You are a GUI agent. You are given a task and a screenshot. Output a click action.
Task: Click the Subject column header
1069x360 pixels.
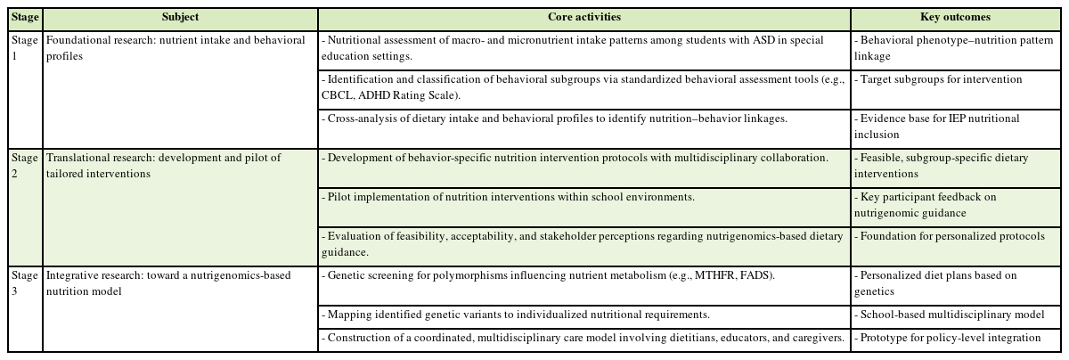click(180, 17)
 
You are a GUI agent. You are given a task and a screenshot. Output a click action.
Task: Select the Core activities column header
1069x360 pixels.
click(584, 17)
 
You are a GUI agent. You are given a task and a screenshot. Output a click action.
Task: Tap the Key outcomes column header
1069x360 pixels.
click(955, 17)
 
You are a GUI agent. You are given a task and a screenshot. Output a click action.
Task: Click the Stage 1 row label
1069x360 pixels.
click(25, 47)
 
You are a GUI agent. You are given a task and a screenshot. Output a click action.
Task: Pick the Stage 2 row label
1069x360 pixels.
click(25, 165)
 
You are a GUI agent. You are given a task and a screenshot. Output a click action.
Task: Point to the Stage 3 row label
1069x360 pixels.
click(25, 282)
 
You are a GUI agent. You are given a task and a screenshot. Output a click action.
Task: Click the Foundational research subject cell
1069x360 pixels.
click(175, 47)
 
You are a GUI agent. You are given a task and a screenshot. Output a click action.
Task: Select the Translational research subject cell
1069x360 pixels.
click(163, 165)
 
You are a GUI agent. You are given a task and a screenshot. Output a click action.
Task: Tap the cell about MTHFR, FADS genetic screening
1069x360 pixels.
click(548, 276)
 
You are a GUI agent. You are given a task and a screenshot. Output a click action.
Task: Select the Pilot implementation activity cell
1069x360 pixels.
click(508, 196)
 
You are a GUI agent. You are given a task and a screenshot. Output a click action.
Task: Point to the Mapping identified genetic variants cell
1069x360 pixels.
click(517, 315)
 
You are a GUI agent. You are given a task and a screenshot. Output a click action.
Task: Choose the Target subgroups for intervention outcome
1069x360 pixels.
click(940, 80)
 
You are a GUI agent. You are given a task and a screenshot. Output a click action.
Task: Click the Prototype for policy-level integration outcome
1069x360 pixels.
click(949, 339)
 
